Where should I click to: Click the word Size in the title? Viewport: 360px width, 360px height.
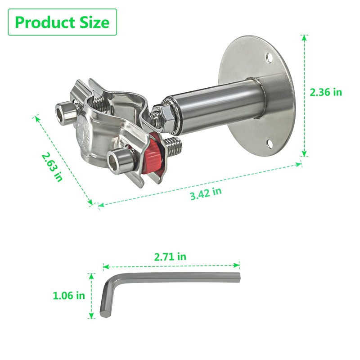point(94,22)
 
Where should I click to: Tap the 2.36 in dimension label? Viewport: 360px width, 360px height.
point(326,92)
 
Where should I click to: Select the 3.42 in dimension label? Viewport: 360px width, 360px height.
point(206,193)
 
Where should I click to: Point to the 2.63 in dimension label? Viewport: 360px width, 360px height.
point(52,166)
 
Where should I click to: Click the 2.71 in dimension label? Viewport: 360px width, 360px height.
point(170,256)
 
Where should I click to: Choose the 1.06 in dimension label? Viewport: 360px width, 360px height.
point(69,295)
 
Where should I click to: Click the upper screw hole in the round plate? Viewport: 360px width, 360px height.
point(269,58)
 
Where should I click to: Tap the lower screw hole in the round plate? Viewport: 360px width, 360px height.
point(270,144)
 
